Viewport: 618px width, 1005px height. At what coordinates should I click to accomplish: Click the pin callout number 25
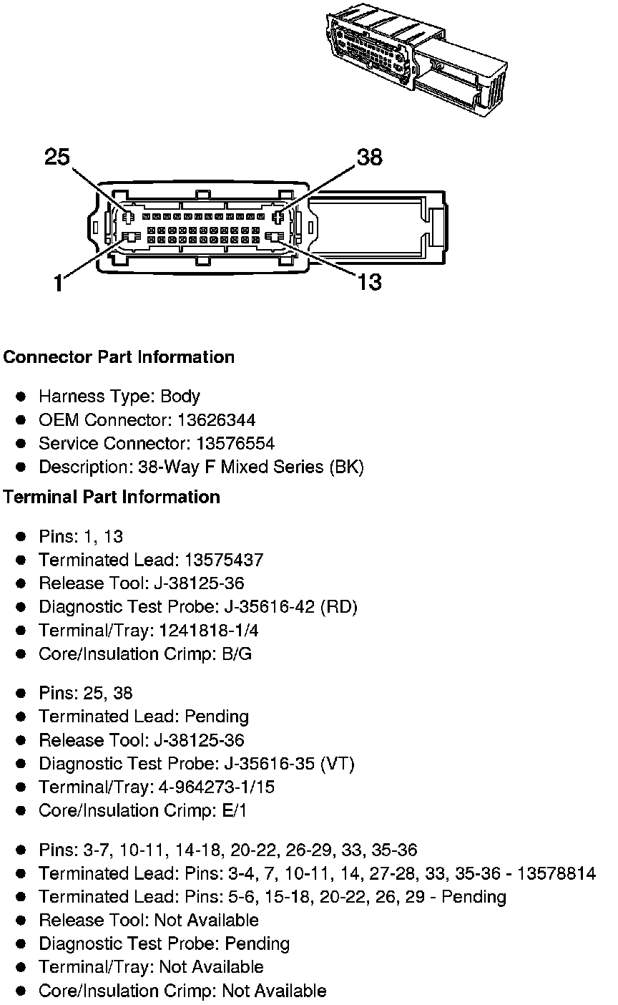click(x=57, y=156)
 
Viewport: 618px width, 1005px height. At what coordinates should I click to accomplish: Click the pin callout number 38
click(x=369, y=157)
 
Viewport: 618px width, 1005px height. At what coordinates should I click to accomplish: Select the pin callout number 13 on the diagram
click(x=369, y=282)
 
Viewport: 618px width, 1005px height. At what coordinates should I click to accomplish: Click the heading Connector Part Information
click(x=119, y=357)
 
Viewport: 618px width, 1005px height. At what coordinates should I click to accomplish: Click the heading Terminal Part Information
click(x=112, y=497)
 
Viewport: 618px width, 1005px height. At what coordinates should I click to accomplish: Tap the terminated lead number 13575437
click(x=224, y=560)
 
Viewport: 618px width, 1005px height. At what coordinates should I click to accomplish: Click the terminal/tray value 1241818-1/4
click(x=205, y=631)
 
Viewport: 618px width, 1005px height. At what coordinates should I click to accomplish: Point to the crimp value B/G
click(x=237, y=654)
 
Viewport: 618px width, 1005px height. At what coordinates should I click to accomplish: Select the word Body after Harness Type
click(x=180, y=397)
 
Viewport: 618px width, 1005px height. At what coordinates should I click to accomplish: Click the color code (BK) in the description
click(x=346, y=467)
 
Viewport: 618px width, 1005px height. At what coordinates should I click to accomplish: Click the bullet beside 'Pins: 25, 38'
click(x=22, y=694)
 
